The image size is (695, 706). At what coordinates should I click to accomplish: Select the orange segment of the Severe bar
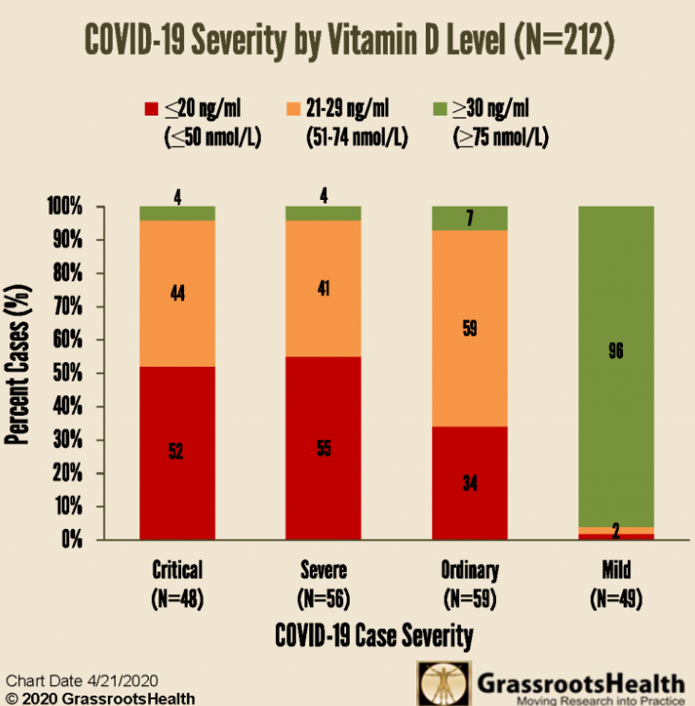coord(323,288)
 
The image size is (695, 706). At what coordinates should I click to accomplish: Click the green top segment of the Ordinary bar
coord(469,218)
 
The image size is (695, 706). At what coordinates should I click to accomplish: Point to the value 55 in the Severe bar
coord(323,450)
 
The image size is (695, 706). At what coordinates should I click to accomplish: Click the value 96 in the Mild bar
coord(616,351)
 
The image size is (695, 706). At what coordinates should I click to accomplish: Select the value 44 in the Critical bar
coord(177,294)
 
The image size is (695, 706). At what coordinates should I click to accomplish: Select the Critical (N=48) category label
coord(177,583)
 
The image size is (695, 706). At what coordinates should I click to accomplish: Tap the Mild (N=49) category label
coord(615,583)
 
